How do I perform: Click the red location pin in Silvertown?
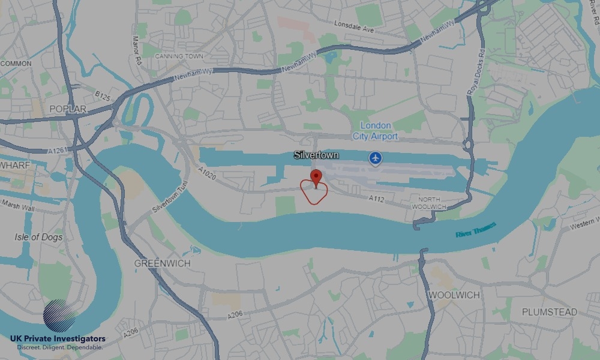point(316,177)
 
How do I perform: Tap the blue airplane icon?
point(376,158)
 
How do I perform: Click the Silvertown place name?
point(316,155)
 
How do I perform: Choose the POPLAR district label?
point(68,109)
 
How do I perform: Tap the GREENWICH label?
point(162,263)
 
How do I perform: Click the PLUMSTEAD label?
point(549,312)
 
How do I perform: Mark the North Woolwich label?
point(428,203)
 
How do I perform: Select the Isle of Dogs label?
point(39,237)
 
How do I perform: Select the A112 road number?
point(376,198)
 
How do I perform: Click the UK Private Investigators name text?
point(58,339)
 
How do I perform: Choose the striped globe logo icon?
point(60,316)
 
